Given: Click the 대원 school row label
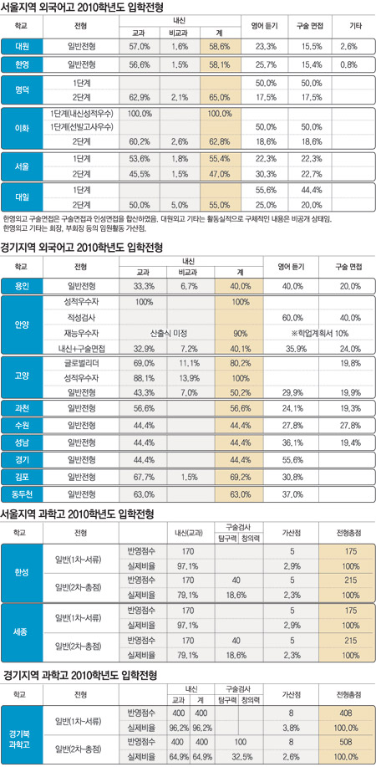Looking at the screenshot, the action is point(22,47).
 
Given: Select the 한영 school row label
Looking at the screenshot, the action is point(22,64).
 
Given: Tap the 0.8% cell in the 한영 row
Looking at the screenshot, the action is point(348,64).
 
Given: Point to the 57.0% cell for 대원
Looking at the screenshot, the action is point(139,47).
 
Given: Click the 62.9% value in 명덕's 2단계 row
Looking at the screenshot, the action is point(139,97).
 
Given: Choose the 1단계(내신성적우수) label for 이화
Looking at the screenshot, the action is point(82,114).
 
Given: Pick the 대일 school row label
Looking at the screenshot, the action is point(22,197).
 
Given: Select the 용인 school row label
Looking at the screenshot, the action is point(22,286).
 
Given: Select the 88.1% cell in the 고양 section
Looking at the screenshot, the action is point(143,378).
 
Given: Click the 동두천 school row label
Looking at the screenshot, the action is point(22,494).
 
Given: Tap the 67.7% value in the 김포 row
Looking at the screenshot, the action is point(143,478).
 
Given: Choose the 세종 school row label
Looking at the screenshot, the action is point(22,631).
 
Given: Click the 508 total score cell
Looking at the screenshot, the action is point(346,739).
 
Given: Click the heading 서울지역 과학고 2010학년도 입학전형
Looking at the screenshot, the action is point(79,514).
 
